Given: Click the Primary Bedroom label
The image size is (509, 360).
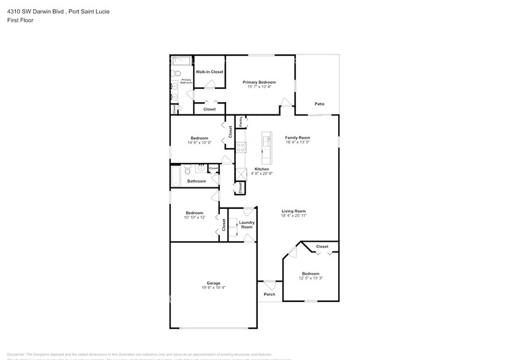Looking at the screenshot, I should point(259,82).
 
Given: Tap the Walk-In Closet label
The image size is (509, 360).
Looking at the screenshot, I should point(209,72).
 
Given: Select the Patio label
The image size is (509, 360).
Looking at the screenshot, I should point(319,104).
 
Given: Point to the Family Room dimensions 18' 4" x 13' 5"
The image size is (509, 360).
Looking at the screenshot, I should point(298,143).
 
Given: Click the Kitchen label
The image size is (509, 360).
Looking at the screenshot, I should point(262,168).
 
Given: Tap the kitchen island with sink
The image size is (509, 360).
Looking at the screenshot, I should point(266,142).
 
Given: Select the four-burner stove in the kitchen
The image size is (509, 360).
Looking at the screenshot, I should point(241,147).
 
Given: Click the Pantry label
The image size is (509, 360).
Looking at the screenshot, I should point(241,122).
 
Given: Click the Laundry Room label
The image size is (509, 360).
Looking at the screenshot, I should point(247,225).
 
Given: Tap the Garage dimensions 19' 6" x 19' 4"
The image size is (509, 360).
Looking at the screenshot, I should point(213,288).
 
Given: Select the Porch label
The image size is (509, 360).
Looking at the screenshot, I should point(270,294).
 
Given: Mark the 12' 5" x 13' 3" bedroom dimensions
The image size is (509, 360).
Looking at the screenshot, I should point(311,279).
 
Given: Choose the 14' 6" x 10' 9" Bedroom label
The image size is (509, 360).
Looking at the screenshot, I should point(199,138).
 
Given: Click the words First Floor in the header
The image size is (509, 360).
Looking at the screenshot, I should point(21,20).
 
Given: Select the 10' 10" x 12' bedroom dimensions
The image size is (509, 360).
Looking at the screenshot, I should point(194,217).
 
